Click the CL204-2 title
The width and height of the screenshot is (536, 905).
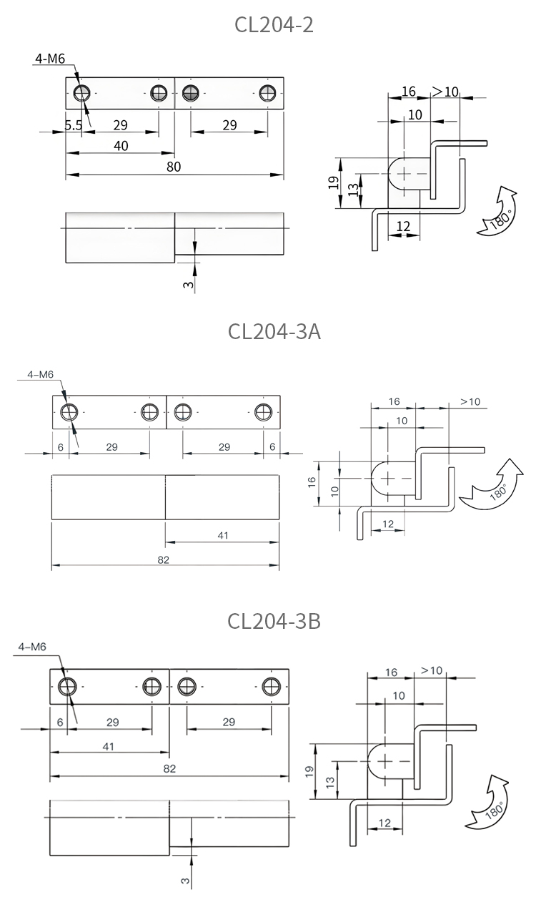coord(274,25)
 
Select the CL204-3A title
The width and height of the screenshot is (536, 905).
coord(274,332)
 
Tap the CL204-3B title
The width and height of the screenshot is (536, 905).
coord(274,621)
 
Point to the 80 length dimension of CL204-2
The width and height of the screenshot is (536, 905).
coord(174,167)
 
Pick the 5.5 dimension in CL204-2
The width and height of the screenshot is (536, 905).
coord(74,125)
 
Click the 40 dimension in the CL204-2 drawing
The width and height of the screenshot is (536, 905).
coord(121,146)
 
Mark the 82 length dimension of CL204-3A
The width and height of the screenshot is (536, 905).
coord(164,559)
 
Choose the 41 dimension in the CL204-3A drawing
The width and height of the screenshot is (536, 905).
coord(222,535)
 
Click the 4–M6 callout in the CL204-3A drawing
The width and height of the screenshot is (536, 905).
coord(40,374)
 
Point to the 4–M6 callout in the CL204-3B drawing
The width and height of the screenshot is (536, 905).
coord(32,647)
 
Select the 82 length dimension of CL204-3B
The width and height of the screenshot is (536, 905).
coord(169,769)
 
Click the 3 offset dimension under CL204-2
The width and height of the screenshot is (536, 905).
coord(187,285)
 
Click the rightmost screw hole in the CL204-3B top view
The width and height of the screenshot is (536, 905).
coord(271,686)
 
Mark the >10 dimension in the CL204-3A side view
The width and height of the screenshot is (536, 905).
coord(470,402)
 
